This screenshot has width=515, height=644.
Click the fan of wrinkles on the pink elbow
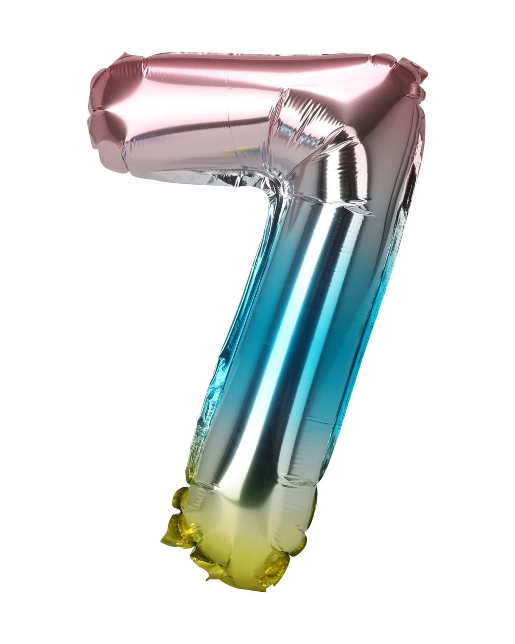(305, 127)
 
